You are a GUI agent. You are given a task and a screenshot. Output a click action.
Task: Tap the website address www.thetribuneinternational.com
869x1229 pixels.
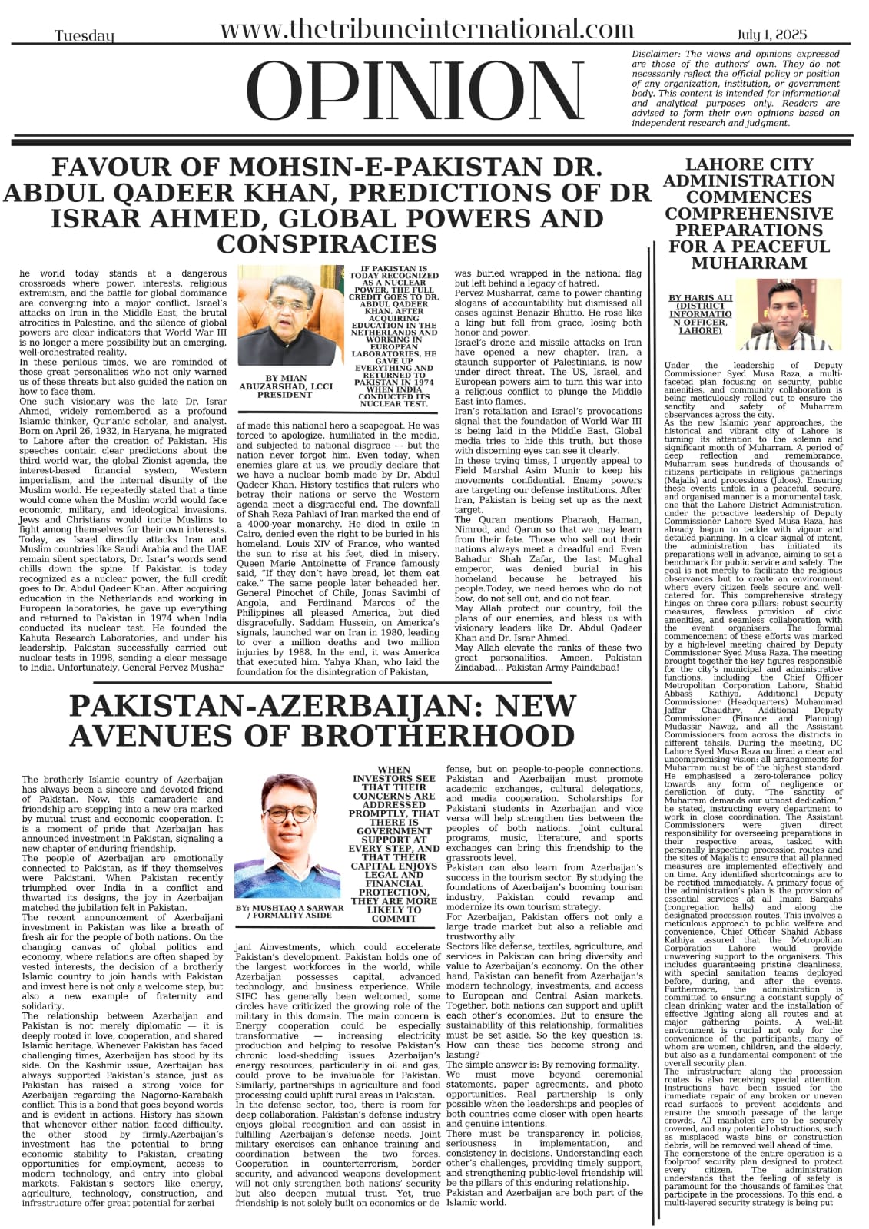pyautogui.click(x=427, y=30)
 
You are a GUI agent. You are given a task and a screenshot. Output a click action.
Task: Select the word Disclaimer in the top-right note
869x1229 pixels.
pyautogui.click(x=657, y=55)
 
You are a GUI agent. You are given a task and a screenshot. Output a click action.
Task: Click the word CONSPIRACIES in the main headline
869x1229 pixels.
pyautogui.click(x=327, y=244)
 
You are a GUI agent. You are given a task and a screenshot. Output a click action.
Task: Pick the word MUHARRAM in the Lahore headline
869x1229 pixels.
pyautogui.click(x=749, y=263)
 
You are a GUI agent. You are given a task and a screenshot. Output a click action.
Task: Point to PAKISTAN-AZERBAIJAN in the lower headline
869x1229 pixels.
pyautogui.click(x=243, y=704)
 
